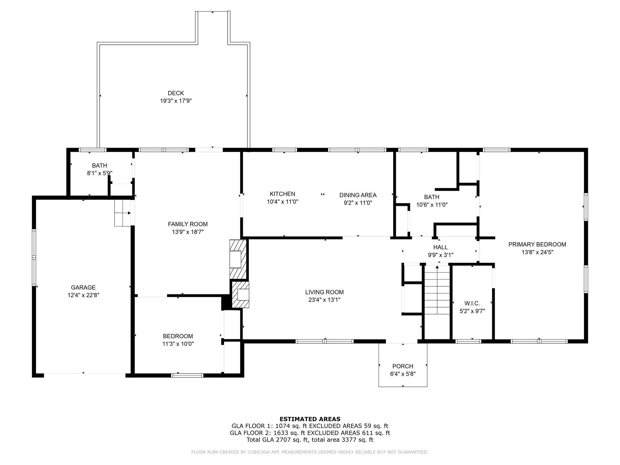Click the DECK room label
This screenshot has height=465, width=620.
(x=176, y=93)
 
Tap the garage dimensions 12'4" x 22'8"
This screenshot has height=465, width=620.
(x=83, y=295)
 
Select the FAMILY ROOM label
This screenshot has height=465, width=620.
(x=188, y=224)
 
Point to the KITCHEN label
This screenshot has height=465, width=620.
(x=282, y=194)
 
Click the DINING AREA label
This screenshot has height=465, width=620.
(x=358, y=195)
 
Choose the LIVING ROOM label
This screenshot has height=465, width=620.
(x=325, y=292)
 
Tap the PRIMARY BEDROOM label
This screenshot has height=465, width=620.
(x=537, y=244)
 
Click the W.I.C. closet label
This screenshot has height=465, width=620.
(x=472, y=303)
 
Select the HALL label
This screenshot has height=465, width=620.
(x=440, y=247)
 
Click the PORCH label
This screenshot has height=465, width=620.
(x=403, y=366)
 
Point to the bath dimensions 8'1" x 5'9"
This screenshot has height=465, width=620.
(x=100, y=173)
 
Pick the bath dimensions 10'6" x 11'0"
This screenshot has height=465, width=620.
(x=432, y=205)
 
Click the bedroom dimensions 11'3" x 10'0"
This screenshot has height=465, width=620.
(x=178, y=344)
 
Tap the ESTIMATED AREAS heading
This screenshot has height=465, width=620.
(x=310, y=419)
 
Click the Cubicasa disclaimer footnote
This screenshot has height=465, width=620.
(x=310, y=452)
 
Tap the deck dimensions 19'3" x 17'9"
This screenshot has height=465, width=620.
(x=176, y=101)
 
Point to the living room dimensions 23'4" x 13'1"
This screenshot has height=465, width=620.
(x=325, y=300)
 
